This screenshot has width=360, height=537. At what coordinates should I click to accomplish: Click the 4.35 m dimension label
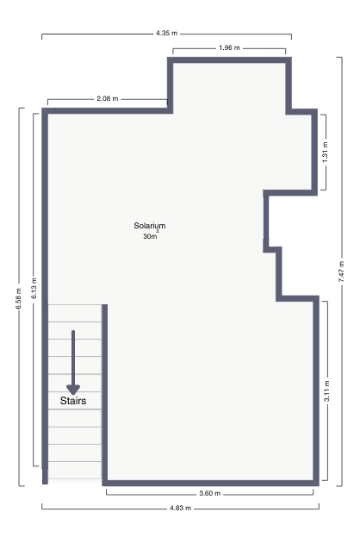pos(167,34)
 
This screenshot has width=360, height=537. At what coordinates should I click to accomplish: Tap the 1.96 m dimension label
pos(229,48)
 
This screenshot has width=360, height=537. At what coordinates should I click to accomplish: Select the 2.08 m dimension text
pos(108,98)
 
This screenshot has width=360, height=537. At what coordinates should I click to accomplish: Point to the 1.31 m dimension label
pos(325,152)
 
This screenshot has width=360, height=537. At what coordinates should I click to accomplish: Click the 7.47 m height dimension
pos(341,272)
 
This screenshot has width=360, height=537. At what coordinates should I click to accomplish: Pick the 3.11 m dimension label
pos(326,391)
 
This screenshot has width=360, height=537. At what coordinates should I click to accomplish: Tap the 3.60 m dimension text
pos(210,494)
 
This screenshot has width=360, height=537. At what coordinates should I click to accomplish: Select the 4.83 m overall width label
pos(180,508)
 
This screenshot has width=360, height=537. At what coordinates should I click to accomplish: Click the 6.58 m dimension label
pos(19,298)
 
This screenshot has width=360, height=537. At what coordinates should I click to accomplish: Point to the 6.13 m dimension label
pos(34,288)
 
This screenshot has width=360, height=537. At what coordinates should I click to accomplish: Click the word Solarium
pos(150,226)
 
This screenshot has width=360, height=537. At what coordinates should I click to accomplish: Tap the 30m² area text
pos(151,235)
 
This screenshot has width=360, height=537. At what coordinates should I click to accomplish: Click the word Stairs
pos(73,401)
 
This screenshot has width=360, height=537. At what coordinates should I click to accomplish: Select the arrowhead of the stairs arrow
pos(73,390)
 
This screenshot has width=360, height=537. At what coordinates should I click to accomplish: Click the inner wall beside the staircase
pos(105,393)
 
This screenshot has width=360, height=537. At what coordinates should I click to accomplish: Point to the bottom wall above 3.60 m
pos(210,483)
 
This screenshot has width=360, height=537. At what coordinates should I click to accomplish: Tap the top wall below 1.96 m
pos(229,60)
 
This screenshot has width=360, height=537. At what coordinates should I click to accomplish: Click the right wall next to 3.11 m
pos(316,390)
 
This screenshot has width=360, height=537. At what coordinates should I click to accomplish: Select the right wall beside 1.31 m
pos(314,152)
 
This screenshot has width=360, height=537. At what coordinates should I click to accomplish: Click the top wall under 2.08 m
pos(107,110)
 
